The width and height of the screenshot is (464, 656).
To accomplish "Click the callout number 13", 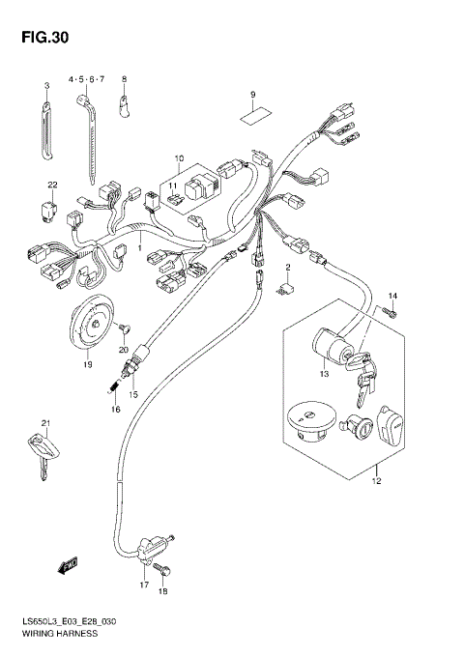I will click(x=323, y=373).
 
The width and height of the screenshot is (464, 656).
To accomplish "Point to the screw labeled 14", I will click(x=388, y=311).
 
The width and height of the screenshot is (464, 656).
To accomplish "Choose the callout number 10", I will click(x=179, y=157).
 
